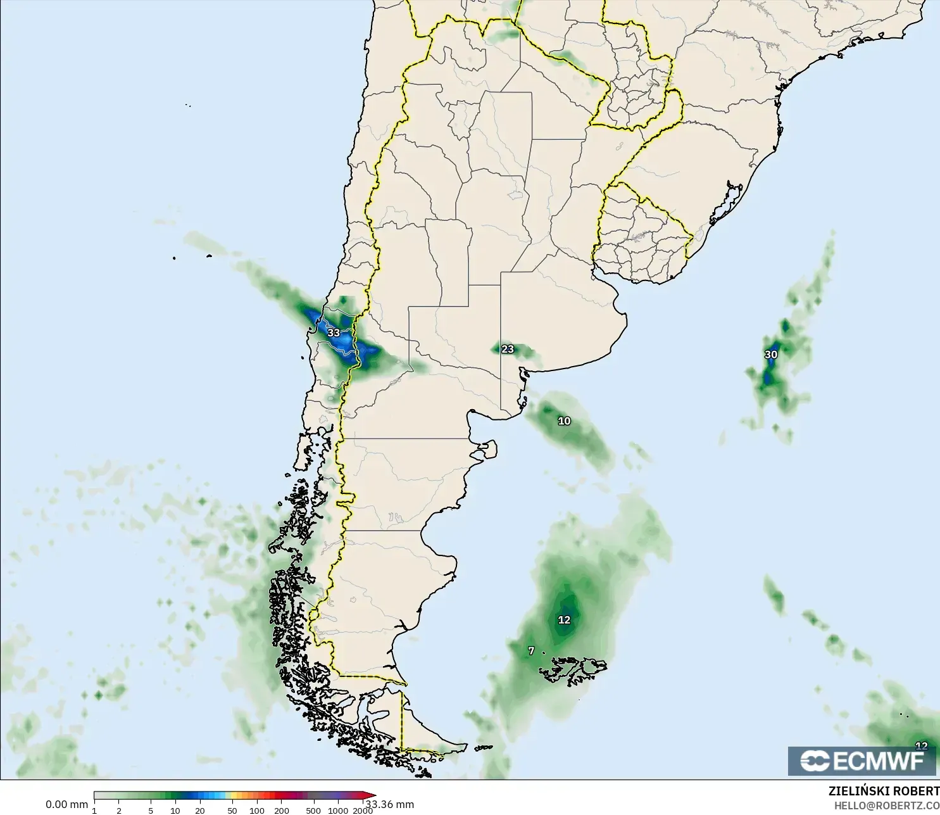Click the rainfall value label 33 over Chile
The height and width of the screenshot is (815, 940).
point(334,332)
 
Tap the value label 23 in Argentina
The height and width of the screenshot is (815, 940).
point(508,349)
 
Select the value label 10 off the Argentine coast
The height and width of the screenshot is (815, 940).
point(564,420)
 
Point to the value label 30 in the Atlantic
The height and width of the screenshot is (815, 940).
point(771,355)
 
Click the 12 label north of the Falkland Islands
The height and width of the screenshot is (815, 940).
point(564,620)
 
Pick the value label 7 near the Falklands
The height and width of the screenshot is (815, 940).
point(531,650)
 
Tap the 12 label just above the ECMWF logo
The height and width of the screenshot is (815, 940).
point(922,746)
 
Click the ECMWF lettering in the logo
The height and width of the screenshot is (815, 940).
point(879,761)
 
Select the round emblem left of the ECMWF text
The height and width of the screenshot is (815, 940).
point(815,761)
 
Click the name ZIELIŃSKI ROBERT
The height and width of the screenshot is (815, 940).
point(884,791)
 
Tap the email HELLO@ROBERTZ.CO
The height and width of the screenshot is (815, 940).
point(886,806)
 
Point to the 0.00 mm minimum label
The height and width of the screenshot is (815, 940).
point(66,805)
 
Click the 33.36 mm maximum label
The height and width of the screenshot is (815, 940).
point(391,805)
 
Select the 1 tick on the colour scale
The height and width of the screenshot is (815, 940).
point(94,811)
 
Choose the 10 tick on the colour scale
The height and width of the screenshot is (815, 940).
point(175,811)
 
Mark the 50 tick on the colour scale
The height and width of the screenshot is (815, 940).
point(232,811)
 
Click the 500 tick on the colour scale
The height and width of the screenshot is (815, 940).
point(313,811)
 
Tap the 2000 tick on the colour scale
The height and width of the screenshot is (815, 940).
point(362,811)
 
